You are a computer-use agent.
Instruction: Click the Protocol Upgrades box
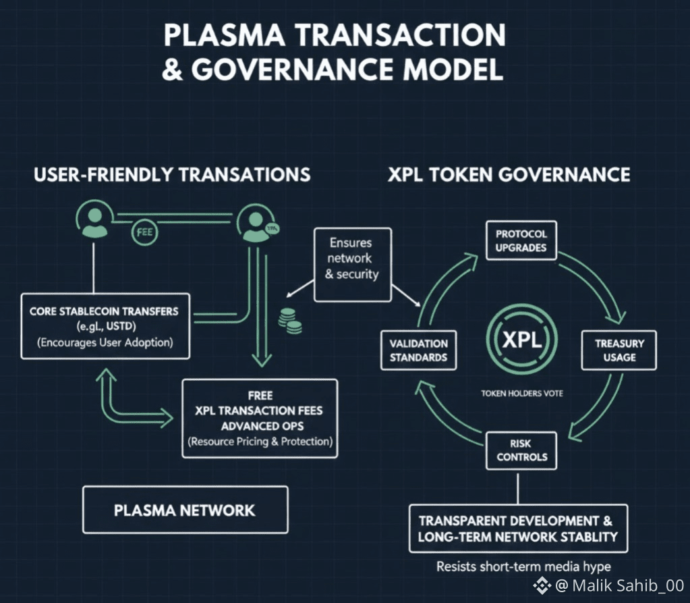click(x=521, y=240)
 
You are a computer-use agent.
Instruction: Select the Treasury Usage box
click(x=619, y=350)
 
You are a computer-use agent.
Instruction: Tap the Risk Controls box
click(x=521, y=450)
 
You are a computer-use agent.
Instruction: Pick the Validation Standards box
click(x=418, y=350)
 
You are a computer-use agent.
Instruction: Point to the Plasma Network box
click(x=184, y=509)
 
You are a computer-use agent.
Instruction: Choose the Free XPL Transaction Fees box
click(x=260, y=419)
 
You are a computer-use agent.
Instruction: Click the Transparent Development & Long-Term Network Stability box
click(x=518, y=529)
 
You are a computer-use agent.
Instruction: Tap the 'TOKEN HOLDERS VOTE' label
click(x=521, y=394)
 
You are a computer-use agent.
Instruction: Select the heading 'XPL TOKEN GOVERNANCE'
click(x=509, y=175)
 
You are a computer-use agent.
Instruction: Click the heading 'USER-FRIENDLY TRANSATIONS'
click(x=172, y=175)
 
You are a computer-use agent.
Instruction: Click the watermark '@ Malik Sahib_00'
click(x=610, y=585)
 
